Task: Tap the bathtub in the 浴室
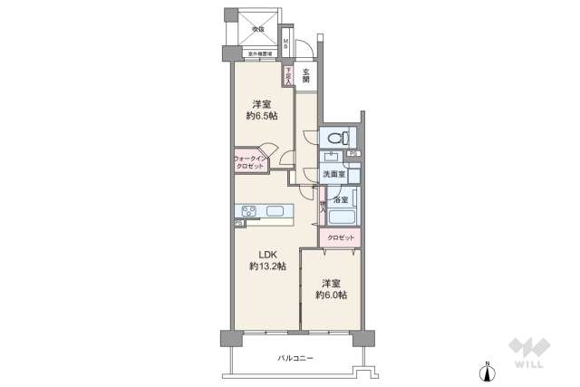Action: click(x=341, y=218)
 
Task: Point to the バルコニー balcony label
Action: click(x=295, y=359)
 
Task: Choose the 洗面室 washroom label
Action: click(x=333, y=174)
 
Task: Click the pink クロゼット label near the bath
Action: click(x=341, y=238)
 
